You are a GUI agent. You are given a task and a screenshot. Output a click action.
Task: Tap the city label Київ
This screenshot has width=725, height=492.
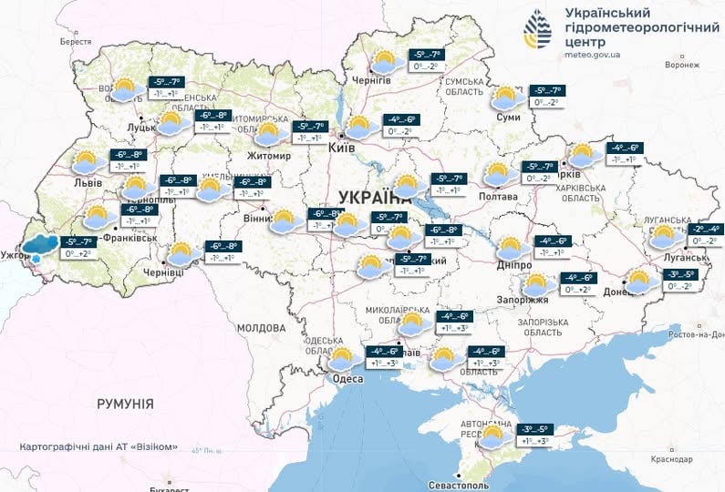click(341, 147)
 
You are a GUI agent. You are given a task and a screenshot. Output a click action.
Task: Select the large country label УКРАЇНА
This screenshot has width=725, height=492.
click(374, 198)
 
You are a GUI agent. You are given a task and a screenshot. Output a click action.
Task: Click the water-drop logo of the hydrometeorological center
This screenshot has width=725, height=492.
click(537, 33)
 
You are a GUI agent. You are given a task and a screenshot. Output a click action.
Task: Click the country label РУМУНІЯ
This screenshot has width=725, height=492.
click(125, 403)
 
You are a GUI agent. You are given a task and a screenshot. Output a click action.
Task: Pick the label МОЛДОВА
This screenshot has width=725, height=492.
click(261, 328)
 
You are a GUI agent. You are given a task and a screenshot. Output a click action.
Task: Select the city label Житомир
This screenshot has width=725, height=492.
click(268, 156)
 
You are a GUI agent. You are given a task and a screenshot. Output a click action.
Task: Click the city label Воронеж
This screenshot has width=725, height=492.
click(681, 66)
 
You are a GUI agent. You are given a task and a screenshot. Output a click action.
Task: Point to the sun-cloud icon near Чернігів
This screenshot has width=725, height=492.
click(384, 62)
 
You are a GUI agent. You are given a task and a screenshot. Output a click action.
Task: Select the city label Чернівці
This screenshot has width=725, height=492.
click(164, 272)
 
